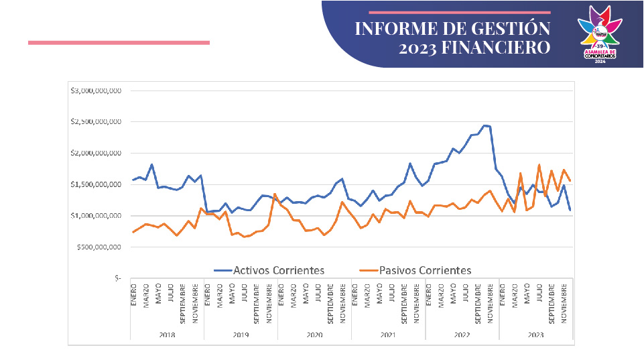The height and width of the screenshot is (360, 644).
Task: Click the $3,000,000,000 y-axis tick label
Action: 96,91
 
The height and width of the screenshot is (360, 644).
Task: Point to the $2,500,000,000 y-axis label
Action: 96,122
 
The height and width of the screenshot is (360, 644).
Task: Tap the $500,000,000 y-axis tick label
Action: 98,247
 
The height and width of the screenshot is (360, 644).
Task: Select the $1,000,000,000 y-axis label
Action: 96,216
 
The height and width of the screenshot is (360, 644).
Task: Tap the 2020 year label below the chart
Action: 314,335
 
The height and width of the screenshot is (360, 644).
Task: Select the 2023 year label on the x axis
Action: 535,335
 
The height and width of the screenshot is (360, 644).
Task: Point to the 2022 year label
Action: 461,335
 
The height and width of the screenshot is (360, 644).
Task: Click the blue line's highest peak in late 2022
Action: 485,125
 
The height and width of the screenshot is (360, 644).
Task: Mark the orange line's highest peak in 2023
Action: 539,164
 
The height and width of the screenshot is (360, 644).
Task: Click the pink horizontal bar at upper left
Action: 119,42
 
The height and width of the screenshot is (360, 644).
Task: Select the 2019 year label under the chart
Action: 240,335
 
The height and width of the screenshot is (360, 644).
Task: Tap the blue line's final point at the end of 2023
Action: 570,210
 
